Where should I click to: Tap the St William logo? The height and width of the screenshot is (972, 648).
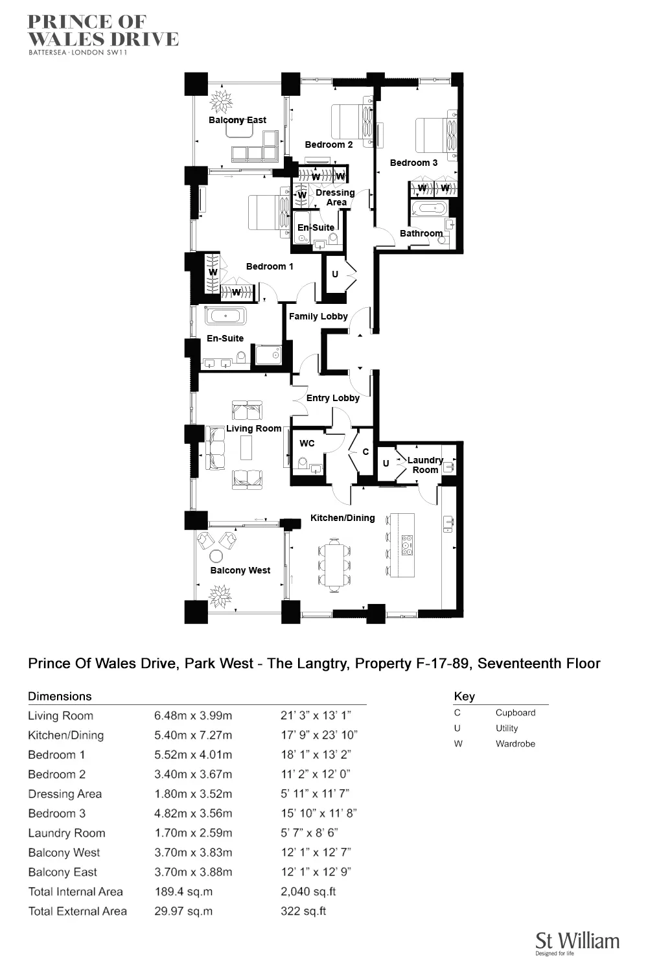click(x=577, y=943)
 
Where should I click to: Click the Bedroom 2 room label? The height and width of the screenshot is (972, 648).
click(x=329, y=145)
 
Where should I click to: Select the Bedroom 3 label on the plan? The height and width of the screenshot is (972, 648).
click(x=413, y=163)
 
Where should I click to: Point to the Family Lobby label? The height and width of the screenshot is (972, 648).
click(x=318, y=316)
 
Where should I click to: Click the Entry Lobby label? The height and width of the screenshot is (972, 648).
click(x=332, y=398)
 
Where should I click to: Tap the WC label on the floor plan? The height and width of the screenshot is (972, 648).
click(x=307, y=443)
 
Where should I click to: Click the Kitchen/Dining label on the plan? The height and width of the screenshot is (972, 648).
click(x=342, y=518)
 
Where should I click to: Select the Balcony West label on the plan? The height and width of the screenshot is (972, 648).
click(x=240, y=570)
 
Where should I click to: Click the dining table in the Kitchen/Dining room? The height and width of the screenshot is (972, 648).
click(x=334, y=564)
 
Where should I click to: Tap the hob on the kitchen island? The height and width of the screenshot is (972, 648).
click(x=407, y=545)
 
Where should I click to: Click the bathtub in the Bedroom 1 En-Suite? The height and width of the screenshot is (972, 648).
click(x=226, y=316)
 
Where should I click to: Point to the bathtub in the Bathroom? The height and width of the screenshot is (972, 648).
click(x=428, y=209)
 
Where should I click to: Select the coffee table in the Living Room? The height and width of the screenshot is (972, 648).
click(x=246, y=447)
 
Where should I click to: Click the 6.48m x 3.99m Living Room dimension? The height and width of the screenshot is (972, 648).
click(x=193, y=715)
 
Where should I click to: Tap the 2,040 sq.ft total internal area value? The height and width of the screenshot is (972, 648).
click(x=308, y=892)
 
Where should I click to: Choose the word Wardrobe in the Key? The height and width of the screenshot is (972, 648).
click(x=515, y=743)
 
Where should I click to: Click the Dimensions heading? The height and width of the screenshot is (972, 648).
click(x=60, y=697)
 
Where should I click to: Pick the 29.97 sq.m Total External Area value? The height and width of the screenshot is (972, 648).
click(x=183, y=911)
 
